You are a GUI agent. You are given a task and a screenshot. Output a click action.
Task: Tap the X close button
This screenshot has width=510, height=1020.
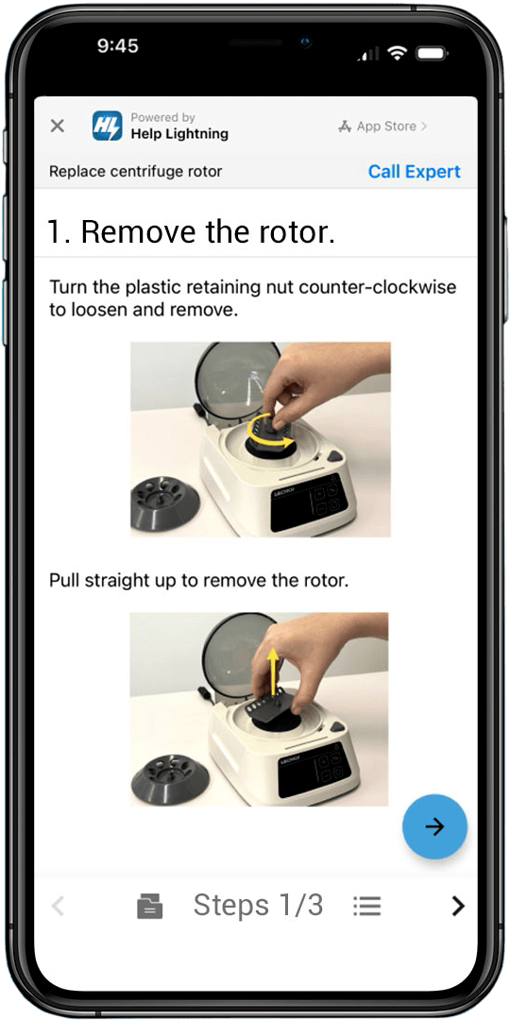[58, 126]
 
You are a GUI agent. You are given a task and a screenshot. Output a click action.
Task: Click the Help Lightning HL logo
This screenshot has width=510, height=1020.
[107, 126]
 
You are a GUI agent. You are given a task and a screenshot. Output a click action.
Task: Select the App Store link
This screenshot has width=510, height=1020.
[382, 127]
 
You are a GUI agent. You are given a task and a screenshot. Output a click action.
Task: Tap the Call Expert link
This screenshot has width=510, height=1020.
[415, 172]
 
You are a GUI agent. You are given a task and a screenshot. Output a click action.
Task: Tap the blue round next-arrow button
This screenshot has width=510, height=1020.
[434, 826]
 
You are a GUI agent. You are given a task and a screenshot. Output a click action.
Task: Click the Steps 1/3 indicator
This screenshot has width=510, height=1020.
[258, 905]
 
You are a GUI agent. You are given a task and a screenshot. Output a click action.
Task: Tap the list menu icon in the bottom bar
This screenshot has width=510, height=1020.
[366, 906]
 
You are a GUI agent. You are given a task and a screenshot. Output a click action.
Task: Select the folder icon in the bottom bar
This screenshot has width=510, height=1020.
[149, 906]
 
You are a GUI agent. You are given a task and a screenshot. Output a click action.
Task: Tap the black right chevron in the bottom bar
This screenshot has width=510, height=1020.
[458, 906]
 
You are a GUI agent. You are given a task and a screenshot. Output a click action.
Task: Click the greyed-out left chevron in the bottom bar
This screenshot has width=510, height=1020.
[58, 906]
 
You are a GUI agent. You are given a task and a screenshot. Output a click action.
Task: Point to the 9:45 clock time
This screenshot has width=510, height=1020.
[118, 45]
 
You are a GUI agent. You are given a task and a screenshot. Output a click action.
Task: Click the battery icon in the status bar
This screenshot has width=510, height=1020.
[430, 53]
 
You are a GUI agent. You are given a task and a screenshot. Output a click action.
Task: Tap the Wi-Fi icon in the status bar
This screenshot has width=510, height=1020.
[396, 53]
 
